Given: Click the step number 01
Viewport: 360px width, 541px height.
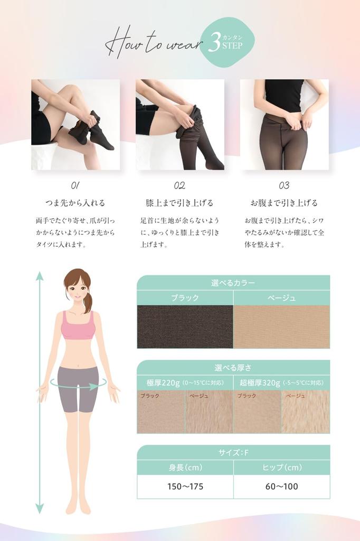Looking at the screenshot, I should (75, 185).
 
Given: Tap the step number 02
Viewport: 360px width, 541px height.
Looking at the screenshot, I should (179, 185).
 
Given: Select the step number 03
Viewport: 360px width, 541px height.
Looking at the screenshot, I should (284, 185).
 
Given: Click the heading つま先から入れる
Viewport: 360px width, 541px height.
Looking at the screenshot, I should (75, 203).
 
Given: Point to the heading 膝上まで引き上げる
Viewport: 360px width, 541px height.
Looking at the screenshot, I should (179, 203).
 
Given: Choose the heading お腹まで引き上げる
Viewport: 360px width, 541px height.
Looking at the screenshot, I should (284, 203).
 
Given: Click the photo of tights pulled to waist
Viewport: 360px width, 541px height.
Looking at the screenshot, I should (284, 125).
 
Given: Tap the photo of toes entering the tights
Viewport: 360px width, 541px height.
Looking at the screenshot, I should (75, 125).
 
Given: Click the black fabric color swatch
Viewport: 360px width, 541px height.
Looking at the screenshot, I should (185, 327).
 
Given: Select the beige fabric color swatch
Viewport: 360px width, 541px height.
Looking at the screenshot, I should (281, 327).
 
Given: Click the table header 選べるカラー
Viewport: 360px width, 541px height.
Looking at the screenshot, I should (233, 283).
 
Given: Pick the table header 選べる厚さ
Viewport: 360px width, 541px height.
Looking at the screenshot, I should (233, 368).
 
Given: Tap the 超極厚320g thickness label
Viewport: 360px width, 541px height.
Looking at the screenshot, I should (260, 383).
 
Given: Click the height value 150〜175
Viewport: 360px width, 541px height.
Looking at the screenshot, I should (185, 486).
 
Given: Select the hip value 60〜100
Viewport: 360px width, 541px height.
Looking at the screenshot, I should (281, 486).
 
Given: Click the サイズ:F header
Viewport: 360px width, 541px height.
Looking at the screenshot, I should (233, 453).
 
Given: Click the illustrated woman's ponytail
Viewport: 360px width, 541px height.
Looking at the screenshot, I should (88, 301).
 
